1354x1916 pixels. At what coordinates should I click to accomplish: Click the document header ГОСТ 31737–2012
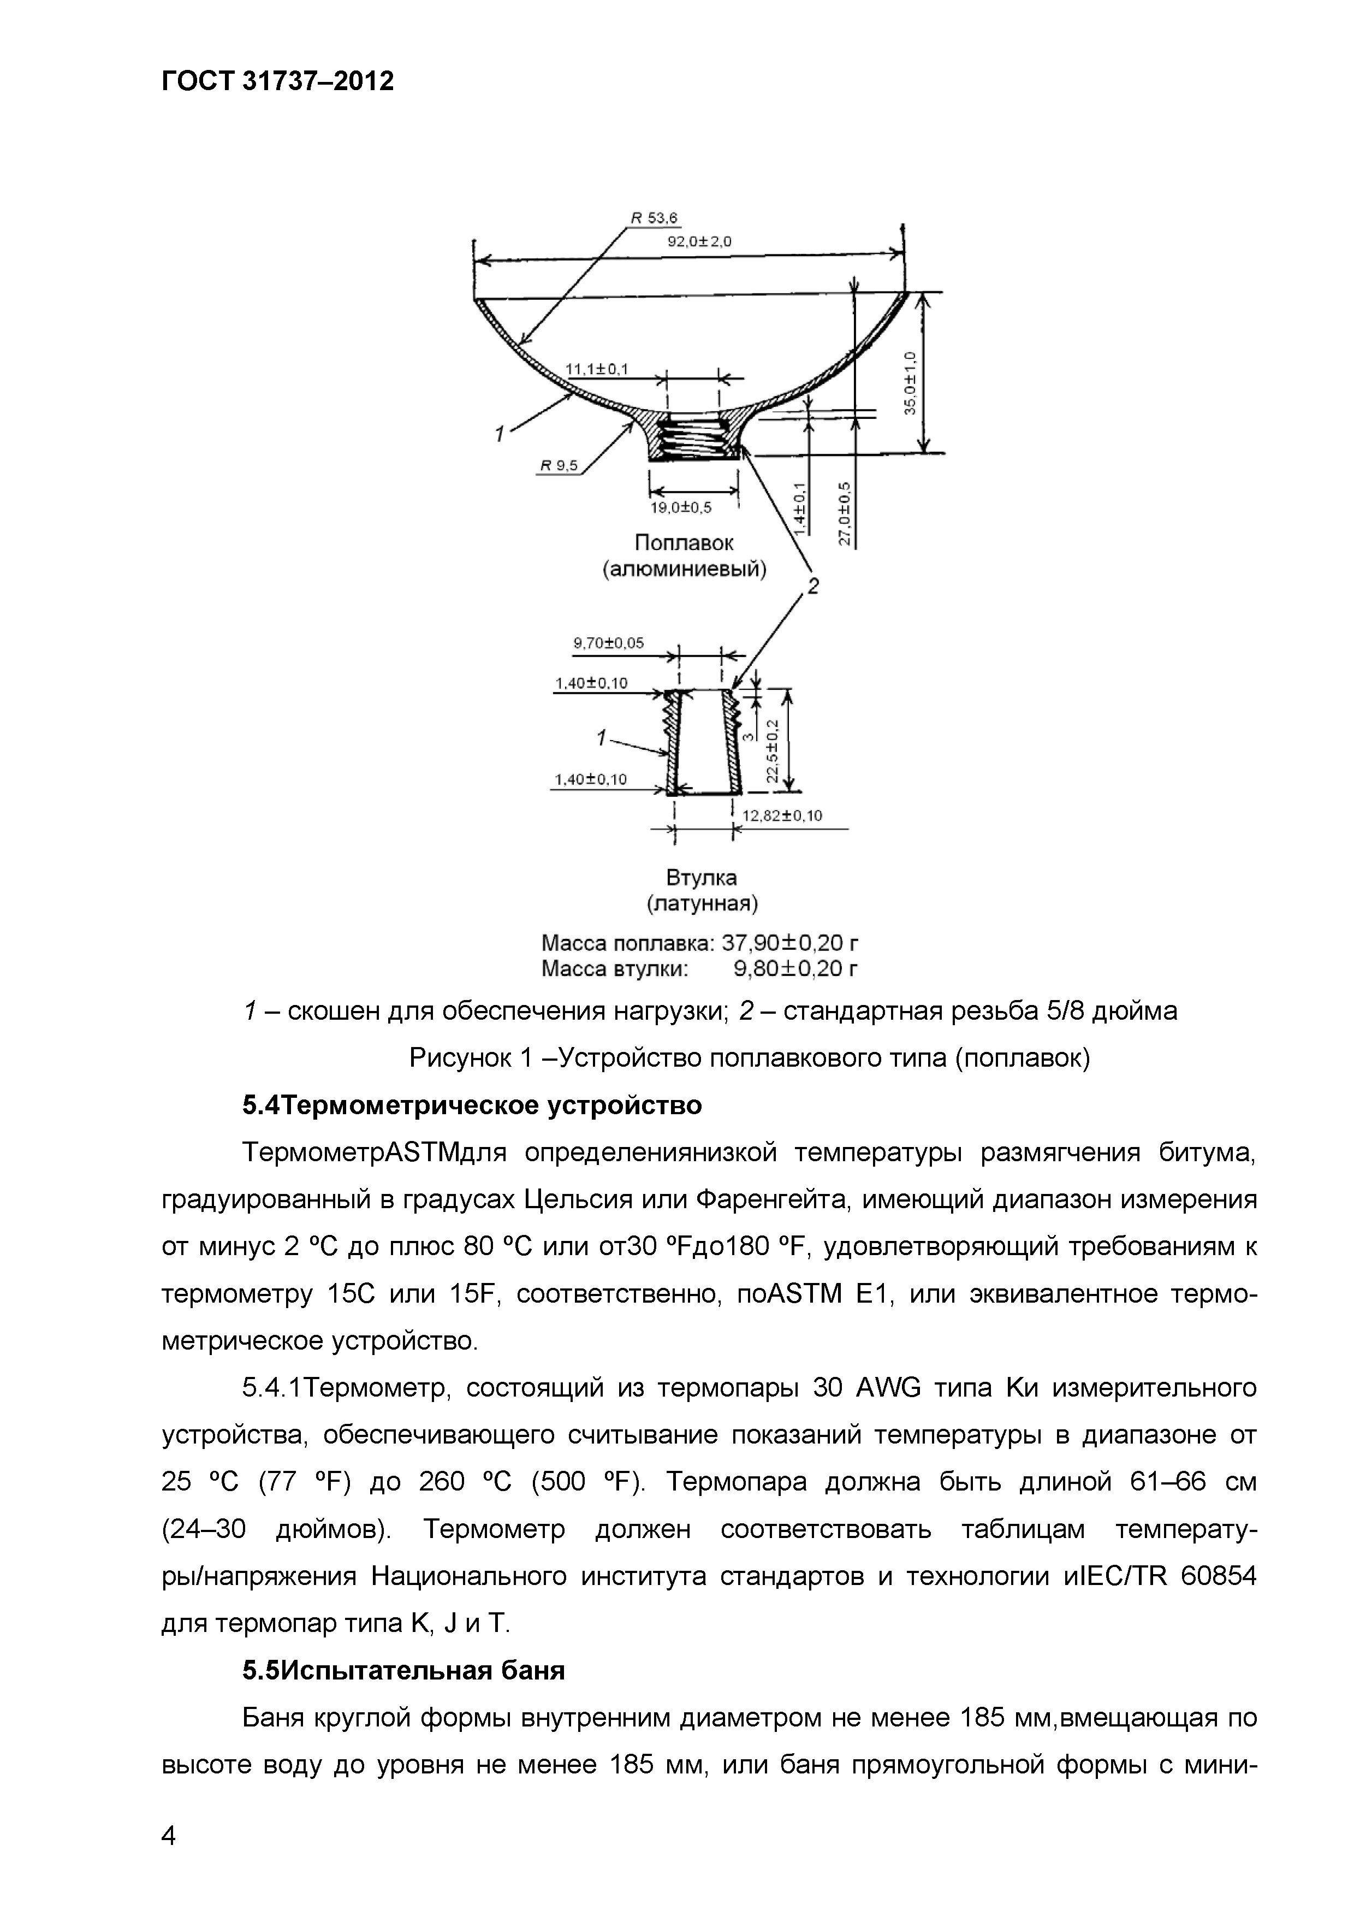coord(277,81)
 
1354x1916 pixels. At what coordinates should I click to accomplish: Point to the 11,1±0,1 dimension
coord(597,369)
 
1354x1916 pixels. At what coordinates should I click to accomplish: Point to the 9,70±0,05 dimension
coord(608,643)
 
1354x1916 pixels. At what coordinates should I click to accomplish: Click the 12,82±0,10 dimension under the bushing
coord(782,815)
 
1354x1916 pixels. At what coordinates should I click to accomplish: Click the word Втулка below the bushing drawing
coord(702,878)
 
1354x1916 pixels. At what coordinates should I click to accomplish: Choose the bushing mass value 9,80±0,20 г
coord(795,969)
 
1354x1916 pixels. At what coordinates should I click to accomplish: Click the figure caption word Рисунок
coord(461,1058)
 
